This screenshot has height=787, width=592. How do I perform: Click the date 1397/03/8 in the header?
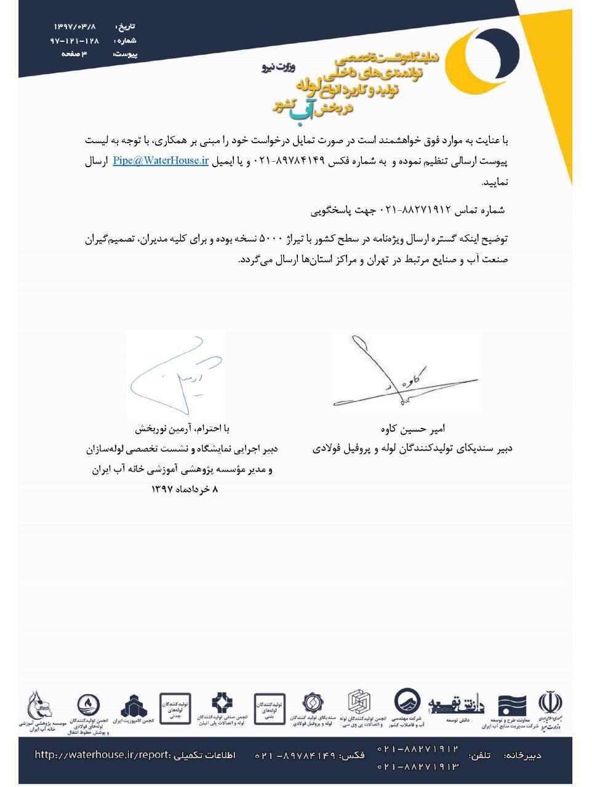tap(75, 27)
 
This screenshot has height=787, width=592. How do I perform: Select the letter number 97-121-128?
tap(74, 41)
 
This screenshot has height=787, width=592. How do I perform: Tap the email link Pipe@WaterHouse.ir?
tap(161, 161)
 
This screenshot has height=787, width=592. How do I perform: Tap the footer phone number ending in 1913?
tap(418, 767)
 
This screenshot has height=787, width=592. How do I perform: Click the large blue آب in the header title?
tap(302, 108)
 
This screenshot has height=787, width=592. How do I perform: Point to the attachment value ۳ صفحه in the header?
tap(74, 54)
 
